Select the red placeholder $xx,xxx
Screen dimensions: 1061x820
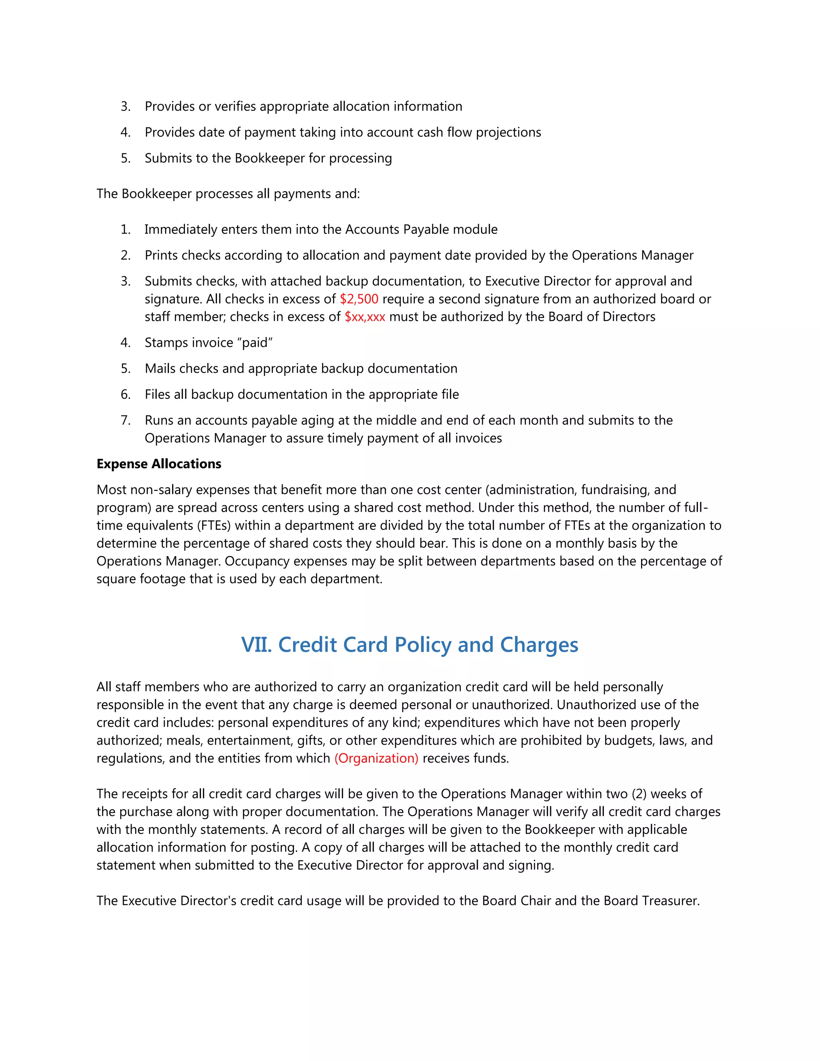[364, 317]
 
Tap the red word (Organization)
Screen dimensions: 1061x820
[376, 758]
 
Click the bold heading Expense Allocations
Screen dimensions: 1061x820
[159, 464]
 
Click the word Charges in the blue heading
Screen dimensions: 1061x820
[539, 645]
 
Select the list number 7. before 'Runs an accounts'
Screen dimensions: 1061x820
[125, 420]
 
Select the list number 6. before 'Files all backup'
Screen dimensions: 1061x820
[125, 394]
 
